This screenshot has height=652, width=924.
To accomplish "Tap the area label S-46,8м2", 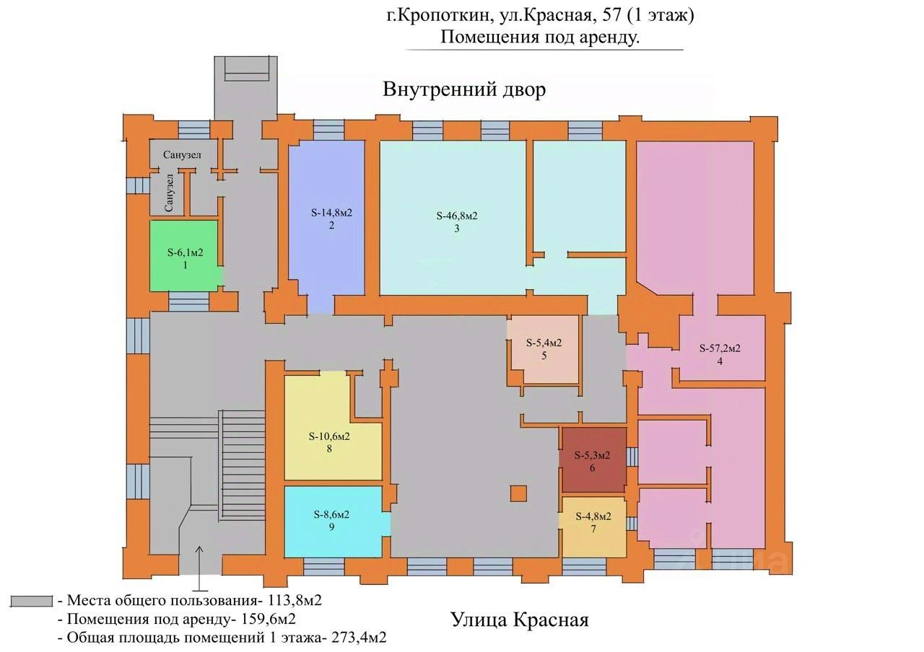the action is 457,216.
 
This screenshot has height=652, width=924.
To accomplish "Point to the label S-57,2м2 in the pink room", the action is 720,348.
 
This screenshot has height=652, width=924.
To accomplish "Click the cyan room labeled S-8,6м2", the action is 333,521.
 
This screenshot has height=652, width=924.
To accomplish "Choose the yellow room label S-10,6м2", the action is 329,436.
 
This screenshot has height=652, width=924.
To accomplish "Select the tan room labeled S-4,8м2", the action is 593,527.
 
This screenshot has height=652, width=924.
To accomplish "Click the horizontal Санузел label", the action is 182,155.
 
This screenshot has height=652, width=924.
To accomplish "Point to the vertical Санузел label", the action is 169,193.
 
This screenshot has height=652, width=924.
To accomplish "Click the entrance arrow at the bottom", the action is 200,569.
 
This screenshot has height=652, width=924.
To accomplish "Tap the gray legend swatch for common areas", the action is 31,602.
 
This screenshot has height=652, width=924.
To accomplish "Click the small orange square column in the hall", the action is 518,493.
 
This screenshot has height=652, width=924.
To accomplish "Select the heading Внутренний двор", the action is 464,89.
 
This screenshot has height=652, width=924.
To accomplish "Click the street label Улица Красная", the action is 520,620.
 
